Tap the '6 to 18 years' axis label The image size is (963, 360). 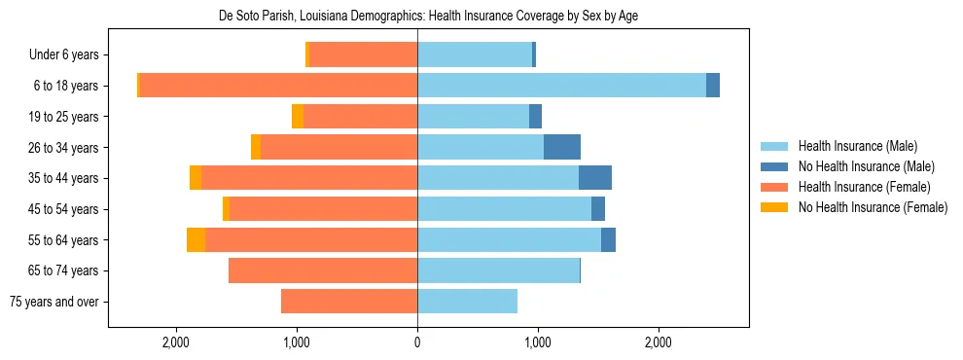pyautogui.click(x=66, y=86)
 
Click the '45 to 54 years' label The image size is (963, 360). pyautogui.click(x=64, y=209)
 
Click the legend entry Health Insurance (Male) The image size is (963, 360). pyautogui.click(x=857, y=146)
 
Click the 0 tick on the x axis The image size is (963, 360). pyautogui.click(x=417, y=342)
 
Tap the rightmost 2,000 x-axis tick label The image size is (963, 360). pyautogui.click(x=658, y=342)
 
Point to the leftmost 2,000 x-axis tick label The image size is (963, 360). pyautogui.click(x=176, y=342)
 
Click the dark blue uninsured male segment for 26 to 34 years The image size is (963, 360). pyautogui.click(x=561, y=147)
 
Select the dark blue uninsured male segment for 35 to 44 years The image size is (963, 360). pyautogui.click(x=594, y=178)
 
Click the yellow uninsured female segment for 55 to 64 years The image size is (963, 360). pyautogui.click(x=196, y=239)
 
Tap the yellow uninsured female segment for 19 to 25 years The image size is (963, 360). pyautogui.click(x=298, y=117)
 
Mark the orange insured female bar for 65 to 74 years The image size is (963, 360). pyautogui.click(x=323, y=270)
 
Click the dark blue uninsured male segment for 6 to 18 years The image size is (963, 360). pyautogui.click(x=712, y=86)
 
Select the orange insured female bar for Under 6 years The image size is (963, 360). pyautogui.click(x=363, y=54)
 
